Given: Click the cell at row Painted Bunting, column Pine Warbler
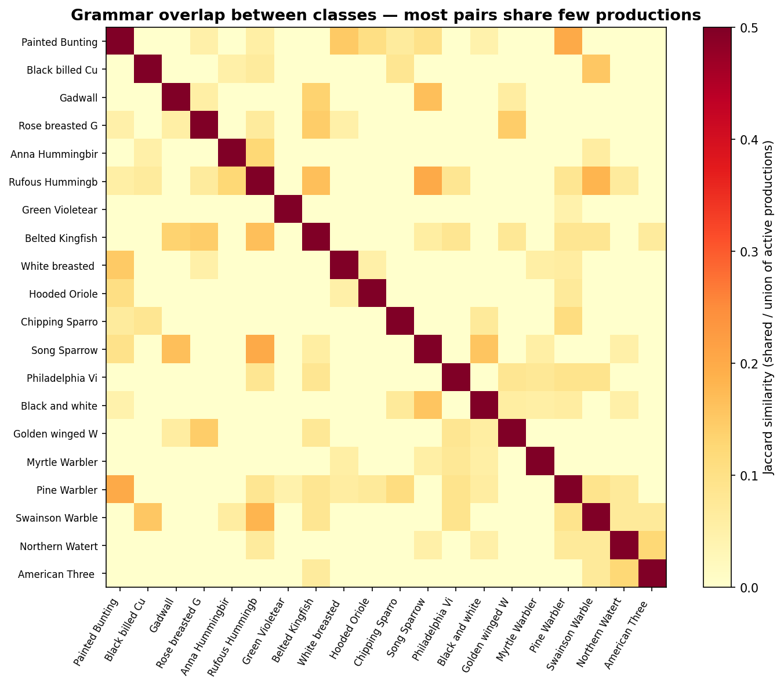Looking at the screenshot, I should (x=568, y=41).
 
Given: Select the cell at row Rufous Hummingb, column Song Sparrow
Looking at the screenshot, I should (x=427, y=182).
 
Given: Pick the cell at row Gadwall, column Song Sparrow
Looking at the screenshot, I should (x=427, y=97).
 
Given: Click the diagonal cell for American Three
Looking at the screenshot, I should (x=652, y=573).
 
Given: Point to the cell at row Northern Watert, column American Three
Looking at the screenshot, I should (x=652, y=545).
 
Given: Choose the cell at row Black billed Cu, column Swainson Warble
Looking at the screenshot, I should (x=596, y=70).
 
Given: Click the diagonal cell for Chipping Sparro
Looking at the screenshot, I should (x=400, y=321).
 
